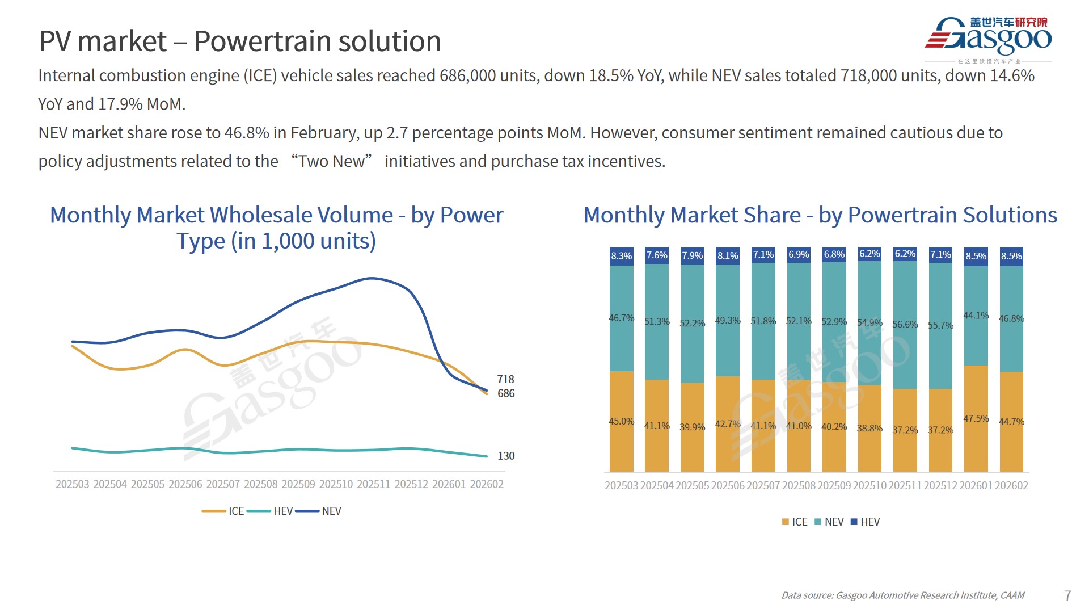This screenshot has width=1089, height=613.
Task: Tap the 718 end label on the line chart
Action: tap(505, 379)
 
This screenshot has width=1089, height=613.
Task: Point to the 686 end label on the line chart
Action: tap(506, 393)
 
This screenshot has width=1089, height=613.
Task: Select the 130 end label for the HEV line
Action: tap(506, 456)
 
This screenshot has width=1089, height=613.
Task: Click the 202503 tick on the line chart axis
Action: tap(72, 484)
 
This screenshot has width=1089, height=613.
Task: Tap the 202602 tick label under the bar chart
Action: tap(1011, 485)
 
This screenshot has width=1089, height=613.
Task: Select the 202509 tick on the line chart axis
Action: tap(298, 484)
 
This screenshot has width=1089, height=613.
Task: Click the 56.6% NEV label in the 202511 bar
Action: tap(905, 324)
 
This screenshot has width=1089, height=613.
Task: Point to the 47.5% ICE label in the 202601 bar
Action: tap(976, 418)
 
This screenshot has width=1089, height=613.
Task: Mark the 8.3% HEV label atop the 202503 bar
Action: tap(621, 256)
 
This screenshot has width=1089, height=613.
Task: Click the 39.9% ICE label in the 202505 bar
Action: tap(692, 427)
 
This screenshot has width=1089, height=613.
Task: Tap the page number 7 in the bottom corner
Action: tap(1067, 595)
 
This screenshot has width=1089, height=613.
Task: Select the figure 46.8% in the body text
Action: tap(247, 133)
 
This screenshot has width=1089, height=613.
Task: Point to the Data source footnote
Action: tap(902, 595)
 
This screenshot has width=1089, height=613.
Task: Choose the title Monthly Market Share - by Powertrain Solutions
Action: tap(820, 215)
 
